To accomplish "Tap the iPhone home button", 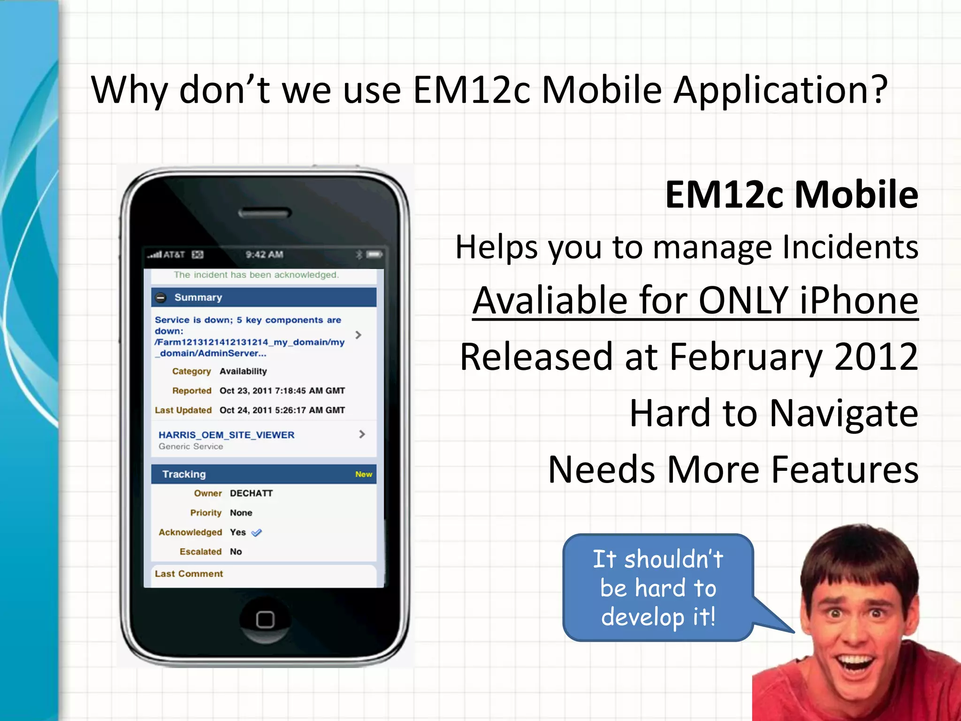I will coord(265,620).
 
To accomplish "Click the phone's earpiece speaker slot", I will coord(265,214).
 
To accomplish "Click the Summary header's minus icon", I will coord(161,298).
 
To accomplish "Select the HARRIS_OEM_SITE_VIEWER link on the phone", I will coord(226,435).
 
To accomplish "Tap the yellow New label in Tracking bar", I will coord(364,475).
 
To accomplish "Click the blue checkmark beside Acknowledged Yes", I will coord(257,533).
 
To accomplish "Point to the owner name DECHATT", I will coord(251,493).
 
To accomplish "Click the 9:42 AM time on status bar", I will coord(264,254).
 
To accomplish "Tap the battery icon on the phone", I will coord(374,254).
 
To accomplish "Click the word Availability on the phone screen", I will coord(243,371).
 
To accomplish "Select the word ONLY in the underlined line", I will coord(743,300).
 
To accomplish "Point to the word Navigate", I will coord(844,413).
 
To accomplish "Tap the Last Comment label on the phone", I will coord(189,574).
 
